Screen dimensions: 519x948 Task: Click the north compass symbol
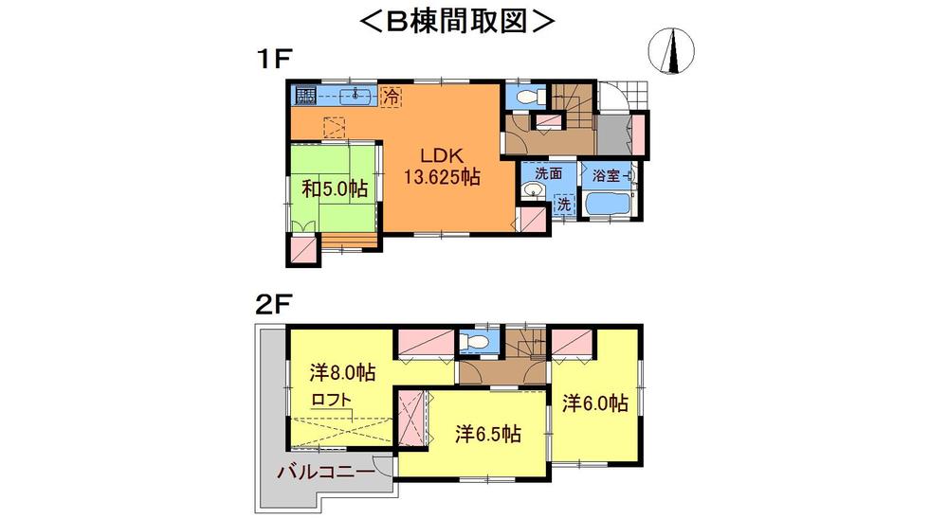[x=674, y=49]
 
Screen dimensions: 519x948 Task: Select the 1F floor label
[x=271, y=59]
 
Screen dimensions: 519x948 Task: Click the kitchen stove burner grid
[x=305, y=96]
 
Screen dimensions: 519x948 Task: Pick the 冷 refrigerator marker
[x=391, y=96]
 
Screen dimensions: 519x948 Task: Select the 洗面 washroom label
[x=548, y=173]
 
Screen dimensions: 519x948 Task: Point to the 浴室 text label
[x=608, y=175]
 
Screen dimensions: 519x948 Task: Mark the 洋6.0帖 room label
[x=595, y=403]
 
